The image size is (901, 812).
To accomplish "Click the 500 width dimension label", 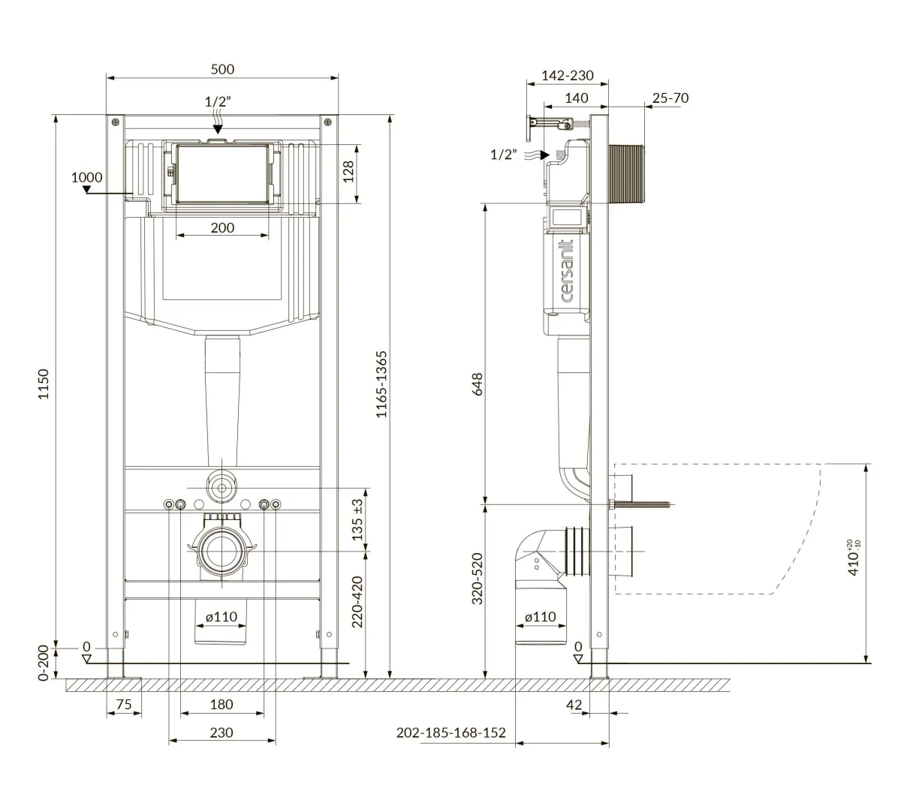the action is coord(222,69).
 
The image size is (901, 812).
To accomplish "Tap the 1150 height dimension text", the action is coord(44,384).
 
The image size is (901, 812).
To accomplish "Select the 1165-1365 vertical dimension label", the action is coord(381,384).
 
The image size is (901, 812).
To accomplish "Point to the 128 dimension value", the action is coord(348,172).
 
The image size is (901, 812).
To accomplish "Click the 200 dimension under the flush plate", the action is coord(222,227).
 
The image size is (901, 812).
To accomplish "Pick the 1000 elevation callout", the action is coord(86,177).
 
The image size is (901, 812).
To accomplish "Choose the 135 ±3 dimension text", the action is coord(357,519).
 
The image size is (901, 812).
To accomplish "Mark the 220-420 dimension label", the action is coord(357,602).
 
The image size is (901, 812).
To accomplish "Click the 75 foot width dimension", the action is coord(124,704).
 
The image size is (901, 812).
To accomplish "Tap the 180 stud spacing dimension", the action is coord(221,704).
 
